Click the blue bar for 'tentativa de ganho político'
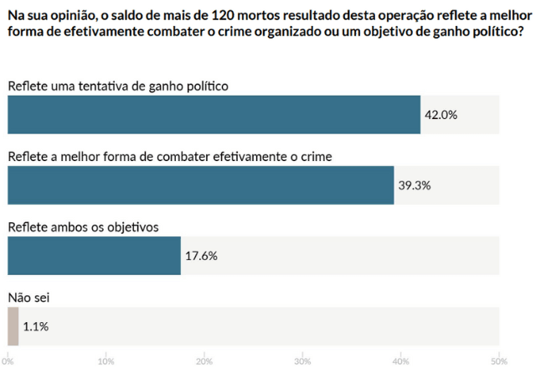click(214, 114)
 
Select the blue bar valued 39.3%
click(200, 185)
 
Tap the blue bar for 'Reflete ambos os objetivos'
click(94, 256)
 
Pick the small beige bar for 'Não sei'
click(13, 326)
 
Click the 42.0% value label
click(441, 115)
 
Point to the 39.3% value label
click(414, 185)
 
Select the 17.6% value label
click(201, 256)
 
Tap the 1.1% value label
click(36, 326)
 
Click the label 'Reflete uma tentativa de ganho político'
click(117, 86)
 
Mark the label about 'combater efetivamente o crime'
click(170, 156)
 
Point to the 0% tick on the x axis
click(8, 361)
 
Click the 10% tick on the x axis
click(106, 361)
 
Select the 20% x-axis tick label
click(204, 361)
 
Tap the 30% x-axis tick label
click(302, 361)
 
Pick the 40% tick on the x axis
click(400, 361)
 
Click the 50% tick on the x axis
click(498, 361)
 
